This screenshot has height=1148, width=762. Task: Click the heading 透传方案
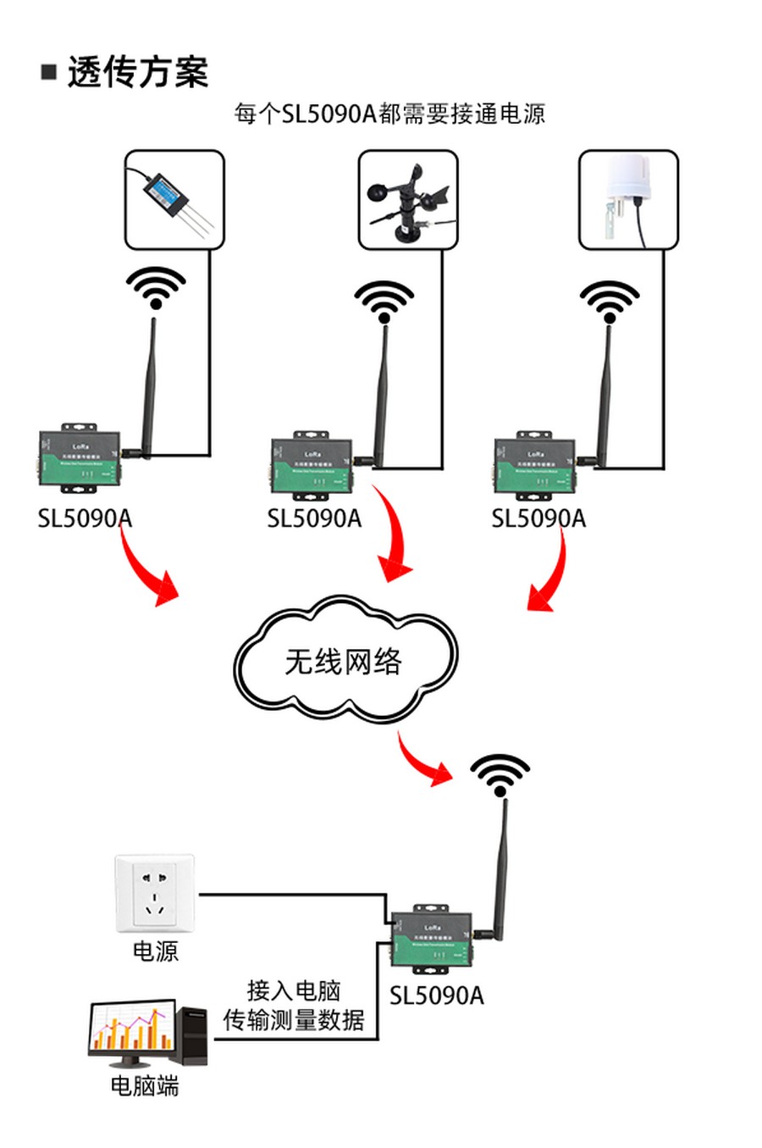point(138,72)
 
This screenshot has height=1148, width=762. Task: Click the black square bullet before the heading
point(49,71)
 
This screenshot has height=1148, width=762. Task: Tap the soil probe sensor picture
point(174,200)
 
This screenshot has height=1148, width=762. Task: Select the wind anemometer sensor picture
point(407,201)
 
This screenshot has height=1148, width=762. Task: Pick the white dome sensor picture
point(627,200)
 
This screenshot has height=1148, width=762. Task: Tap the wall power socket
point(155,893)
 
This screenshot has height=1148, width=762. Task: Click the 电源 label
point(155,951)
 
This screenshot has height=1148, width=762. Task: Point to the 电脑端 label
point(145,1086)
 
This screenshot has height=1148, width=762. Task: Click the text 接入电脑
point(293,990)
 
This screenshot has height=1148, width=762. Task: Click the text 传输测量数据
point(293,1020)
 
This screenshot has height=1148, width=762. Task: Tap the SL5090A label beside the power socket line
point(436,995)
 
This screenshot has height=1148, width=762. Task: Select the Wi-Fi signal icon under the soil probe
point(156,288)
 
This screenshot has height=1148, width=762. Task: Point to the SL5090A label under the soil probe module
point(85,518)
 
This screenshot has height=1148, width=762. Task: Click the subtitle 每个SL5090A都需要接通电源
point(389,114)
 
